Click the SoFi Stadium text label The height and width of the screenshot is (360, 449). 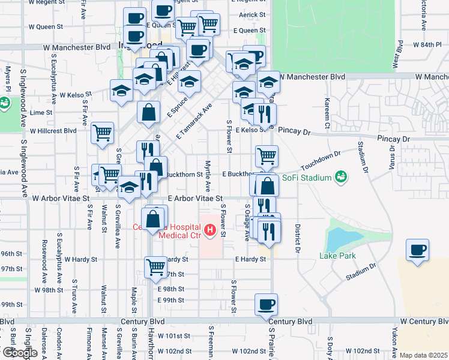(307, 178)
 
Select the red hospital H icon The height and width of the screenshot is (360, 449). (209, 229)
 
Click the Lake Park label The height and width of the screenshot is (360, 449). (337, 256)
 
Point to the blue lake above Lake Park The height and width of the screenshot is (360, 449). (340, 238)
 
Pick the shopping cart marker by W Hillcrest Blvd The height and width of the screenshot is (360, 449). (103, 132)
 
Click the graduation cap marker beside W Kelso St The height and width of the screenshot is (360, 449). (122, 91)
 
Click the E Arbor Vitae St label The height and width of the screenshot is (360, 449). (195, 197)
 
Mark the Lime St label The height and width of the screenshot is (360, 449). (41, 112)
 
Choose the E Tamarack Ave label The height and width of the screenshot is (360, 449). (195, 121)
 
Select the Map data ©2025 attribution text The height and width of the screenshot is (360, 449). (423, 355)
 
